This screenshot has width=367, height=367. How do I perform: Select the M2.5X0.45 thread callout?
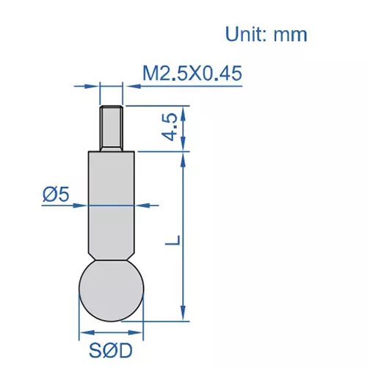(192, 73)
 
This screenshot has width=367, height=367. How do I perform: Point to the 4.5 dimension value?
(170, 127)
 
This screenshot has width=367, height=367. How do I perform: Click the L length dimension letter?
(170, 240)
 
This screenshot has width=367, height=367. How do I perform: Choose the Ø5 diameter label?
(56, 195)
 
